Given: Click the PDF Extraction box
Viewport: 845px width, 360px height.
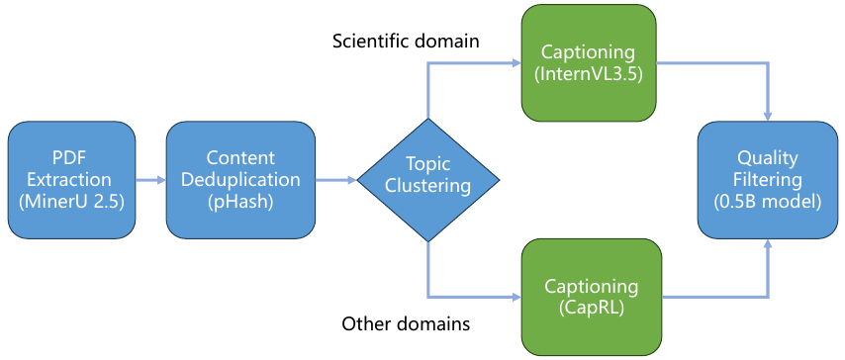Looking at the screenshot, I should coord(70,180).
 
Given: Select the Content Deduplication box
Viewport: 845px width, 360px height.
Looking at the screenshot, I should coord(235,180).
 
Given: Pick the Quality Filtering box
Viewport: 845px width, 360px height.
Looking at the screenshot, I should coord(767,180).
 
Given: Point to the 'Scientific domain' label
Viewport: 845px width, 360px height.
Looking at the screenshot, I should coord(406,42).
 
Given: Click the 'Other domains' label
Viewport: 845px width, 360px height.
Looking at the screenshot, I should coord(405,323).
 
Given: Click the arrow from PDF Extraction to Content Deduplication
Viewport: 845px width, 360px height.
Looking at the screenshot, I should coord(150,181).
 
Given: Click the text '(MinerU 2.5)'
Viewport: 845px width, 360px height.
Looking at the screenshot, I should coord(70,203).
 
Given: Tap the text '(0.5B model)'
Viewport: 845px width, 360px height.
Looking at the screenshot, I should coord(767,203).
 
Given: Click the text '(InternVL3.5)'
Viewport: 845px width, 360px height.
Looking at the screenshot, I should coord(591,73).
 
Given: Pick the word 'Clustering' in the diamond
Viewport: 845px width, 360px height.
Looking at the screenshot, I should coord(428,186).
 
